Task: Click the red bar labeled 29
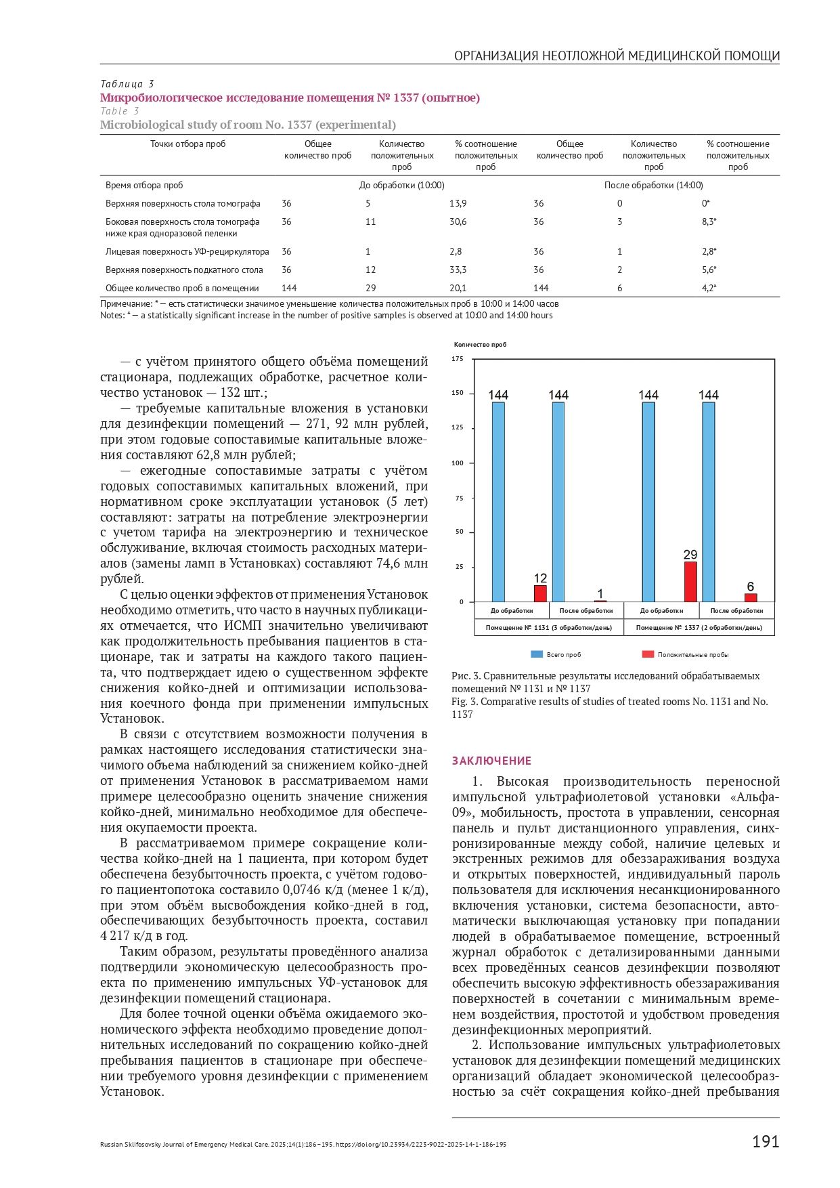(x=690, y=581)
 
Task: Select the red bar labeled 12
(x=540, y=593)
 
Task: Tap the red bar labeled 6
(x=750, y=597)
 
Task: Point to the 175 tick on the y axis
(x=458, y=359)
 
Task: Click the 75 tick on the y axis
(x=460, y=498)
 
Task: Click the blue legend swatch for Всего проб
(x=536, y=654)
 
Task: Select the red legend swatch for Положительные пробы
(x=648, y=654)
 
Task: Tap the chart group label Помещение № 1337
(x=699, y=628)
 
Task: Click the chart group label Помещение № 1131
(x=548, y=628)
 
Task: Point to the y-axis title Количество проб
(x=480, y=345)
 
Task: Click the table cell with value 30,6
(x=458, y=221)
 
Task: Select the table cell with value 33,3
(x=458, y=270)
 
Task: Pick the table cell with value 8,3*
(x=709, y=221)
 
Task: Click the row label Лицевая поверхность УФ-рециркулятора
(x=187, y=251)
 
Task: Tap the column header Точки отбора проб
(x=187, y=144)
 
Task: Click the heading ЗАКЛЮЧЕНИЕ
(x=491, y=761)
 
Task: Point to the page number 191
(x=765, y=1141)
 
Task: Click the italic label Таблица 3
(x=127, y=84)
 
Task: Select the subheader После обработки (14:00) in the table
(x=653, y=185)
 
